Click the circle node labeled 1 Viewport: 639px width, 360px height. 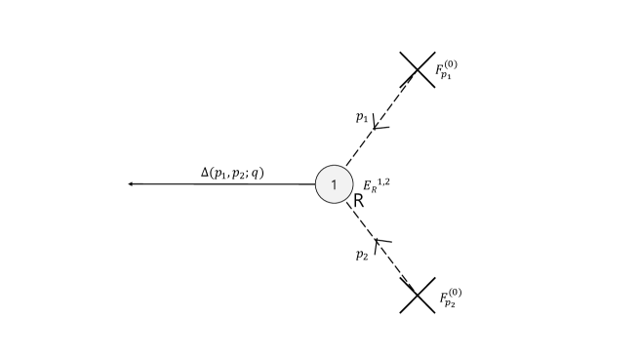[x=334, y=184]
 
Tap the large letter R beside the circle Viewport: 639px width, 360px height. [x=358, y=202]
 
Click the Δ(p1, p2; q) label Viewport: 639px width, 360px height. [x=232, y=173]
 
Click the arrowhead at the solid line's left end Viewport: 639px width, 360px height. [x=132, y=183]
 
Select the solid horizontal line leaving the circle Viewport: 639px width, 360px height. [x=224, y=183]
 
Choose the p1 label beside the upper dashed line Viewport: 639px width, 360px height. [x=361, y=116]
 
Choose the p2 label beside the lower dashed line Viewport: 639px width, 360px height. [x=361, y=255]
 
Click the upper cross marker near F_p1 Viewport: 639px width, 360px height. [x=418, y=68]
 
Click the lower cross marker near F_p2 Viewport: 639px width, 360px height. [x=418, y=296]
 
